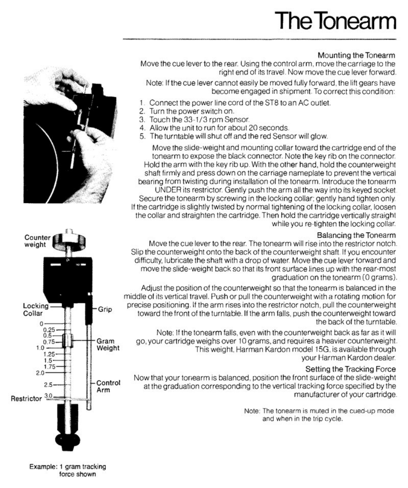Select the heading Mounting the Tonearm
tap(357, 56)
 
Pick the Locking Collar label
tap(34, 309)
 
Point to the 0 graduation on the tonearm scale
tap(42, 324)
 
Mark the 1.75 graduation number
tap(50, 367)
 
